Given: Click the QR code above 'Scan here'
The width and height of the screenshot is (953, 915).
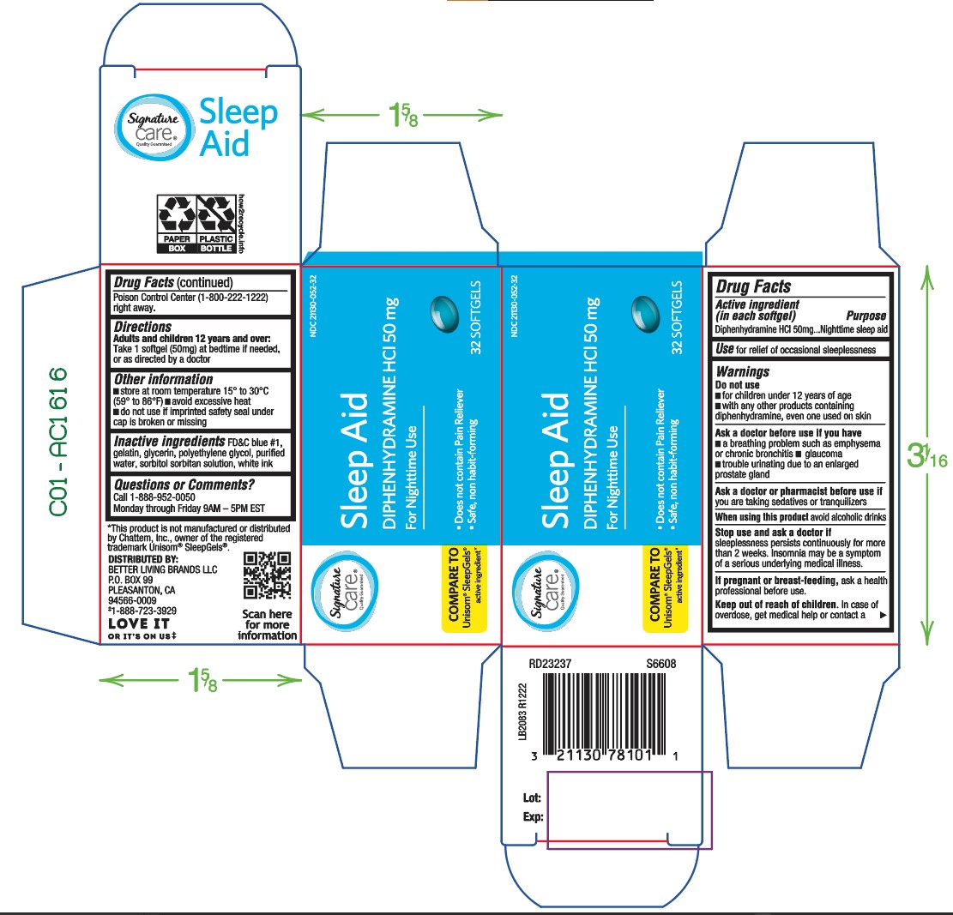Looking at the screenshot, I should [268, 575].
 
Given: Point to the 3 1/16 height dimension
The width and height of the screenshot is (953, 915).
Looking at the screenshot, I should [927, 455].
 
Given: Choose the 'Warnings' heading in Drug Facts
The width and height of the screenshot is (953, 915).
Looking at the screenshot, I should [742, 372].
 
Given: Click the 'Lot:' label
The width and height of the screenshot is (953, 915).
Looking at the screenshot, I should [532, 798].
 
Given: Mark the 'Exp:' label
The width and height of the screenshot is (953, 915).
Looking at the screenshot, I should [533, 817].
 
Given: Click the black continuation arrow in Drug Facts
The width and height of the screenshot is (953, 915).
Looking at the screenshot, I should [881, 616].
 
